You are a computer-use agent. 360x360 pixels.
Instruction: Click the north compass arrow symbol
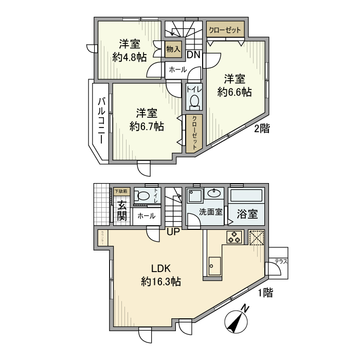237,320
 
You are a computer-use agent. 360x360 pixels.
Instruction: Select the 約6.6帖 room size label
234,93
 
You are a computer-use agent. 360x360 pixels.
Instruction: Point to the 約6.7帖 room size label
147,126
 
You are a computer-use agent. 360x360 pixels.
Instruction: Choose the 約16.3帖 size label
160,281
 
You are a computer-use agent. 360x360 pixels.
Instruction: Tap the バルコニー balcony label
102,121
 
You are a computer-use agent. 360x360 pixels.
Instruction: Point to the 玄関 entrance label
121,210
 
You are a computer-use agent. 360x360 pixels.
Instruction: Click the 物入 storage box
173,49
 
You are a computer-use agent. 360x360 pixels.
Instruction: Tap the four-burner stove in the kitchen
235,237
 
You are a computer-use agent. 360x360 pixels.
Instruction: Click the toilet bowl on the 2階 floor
194,103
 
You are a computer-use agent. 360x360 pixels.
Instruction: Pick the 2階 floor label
262,130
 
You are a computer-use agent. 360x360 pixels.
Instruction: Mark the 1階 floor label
264,293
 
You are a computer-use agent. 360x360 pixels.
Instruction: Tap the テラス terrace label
280,261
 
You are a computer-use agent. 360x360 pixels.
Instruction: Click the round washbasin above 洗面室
212,193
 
